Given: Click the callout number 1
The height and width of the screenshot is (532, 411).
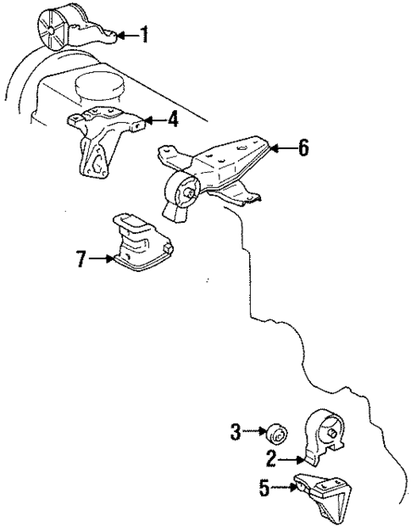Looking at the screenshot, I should [144, 35].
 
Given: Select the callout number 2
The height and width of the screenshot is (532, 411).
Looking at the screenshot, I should [271, 460].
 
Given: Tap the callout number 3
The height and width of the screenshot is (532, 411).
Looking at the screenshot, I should [236, 432].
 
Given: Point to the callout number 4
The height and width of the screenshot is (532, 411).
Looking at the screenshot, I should [172, 119].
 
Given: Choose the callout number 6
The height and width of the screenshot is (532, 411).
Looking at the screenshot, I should [303, 149].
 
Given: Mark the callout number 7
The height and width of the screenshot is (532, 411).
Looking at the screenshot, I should [81, 258].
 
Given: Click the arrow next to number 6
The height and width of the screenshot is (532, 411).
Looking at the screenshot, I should [282, 149].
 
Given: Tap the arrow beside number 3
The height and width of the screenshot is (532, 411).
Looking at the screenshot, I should [254, 432].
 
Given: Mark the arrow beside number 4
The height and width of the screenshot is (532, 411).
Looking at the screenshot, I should [153, 119].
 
